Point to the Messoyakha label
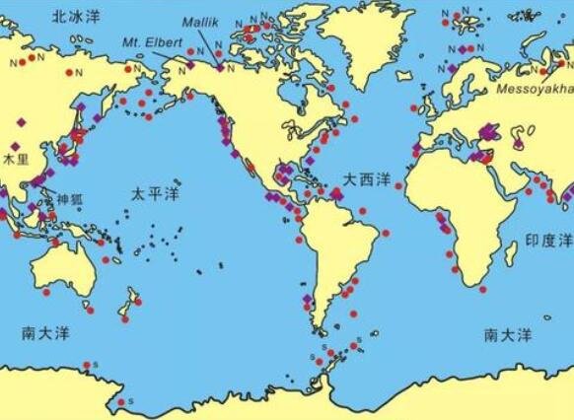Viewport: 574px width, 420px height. [x=533, y=88]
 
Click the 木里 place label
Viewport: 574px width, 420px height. [x=16, y=159]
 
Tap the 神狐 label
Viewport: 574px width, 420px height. [x=70, y=197]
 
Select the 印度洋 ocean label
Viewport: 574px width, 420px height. [x=547, y=240]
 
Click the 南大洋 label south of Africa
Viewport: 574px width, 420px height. [x=508, y=335]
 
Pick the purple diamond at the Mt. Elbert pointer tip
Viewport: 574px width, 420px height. [x=190, y=65]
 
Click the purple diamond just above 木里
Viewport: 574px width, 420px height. [x=15, y=146]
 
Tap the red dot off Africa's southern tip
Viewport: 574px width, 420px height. [x=482, y=289]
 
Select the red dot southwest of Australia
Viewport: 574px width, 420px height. [x=44, y=293]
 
